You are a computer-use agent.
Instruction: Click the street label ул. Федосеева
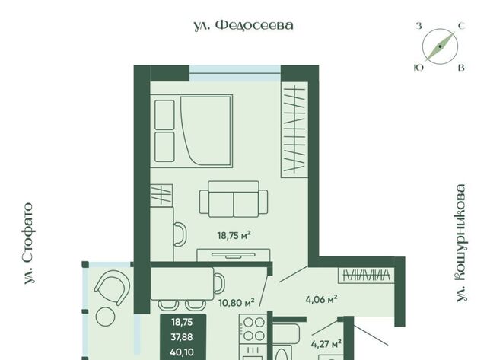243,25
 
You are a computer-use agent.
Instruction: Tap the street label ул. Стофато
29,244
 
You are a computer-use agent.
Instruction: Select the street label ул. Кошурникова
461,243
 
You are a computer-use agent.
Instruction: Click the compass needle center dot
440,46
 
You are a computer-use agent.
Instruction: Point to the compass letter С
462,26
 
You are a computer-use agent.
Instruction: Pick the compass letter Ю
419,68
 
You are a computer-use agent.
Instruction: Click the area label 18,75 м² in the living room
234,235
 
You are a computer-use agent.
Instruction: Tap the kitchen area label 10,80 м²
237,302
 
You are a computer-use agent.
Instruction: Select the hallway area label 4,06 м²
321,300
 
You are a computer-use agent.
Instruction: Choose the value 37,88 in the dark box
182,337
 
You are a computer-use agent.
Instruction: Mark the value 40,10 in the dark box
182,352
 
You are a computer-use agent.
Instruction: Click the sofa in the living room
234,199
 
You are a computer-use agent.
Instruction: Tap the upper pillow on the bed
164,115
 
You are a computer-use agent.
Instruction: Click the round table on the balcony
106,317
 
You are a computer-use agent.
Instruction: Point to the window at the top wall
235,73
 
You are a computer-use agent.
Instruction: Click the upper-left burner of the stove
248,323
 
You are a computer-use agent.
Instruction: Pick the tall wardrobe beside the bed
294,129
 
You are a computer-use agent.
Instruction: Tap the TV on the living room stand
234,255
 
